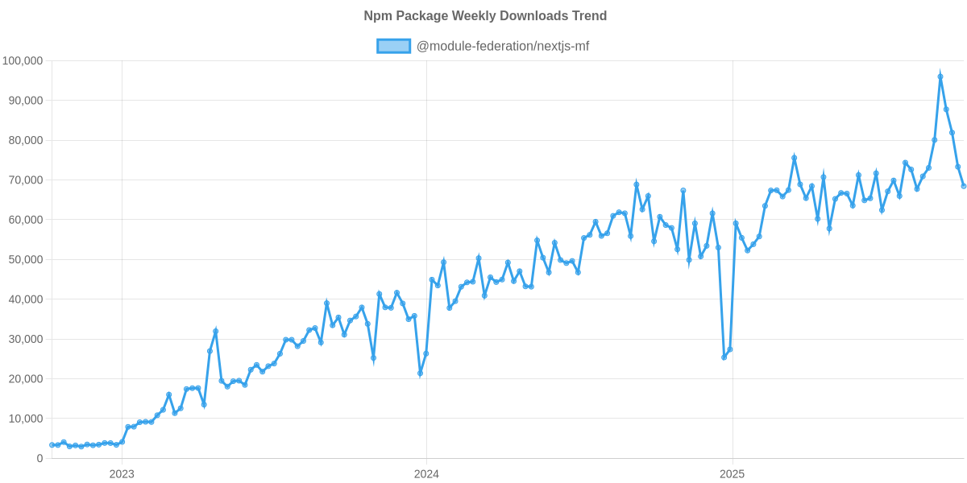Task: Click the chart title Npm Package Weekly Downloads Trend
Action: [484, 16]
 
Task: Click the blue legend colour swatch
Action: [393, 47]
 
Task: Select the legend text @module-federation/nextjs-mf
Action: [502, 47]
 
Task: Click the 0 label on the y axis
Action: [39, 459]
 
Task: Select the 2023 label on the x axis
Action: [121, 474]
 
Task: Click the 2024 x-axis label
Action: [426, 474]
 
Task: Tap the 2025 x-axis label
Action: [732, 474]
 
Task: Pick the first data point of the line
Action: [52, 444]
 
